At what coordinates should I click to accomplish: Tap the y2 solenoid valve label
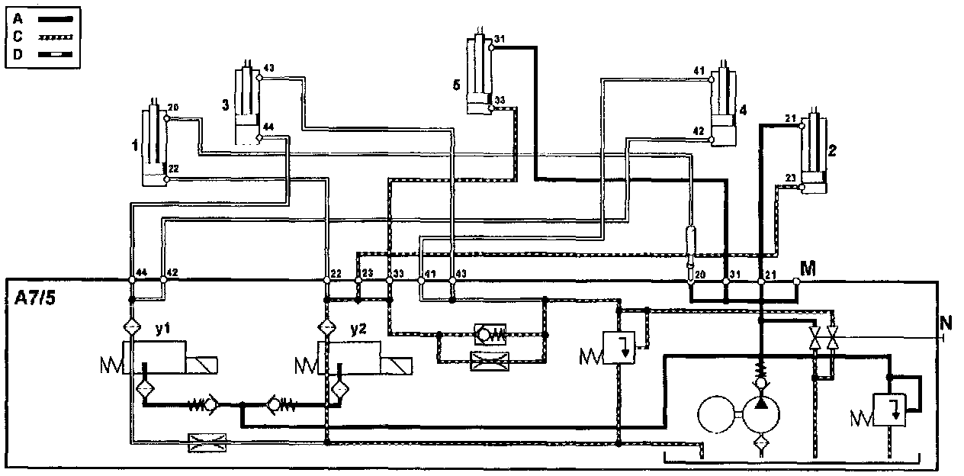coord(359,330)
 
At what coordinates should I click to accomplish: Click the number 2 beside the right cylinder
coord(832,151)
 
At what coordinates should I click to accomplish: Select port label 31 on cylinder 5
coord(500,39)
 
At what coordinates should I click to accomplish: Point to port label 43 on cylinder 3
coord(268,68)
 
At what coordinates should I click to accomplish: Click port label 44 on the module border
coord(142,272)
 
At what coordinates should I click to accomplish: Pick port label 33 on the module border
coord(399,272)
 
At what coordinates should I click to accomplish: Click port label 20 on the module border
coord(701,273)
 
